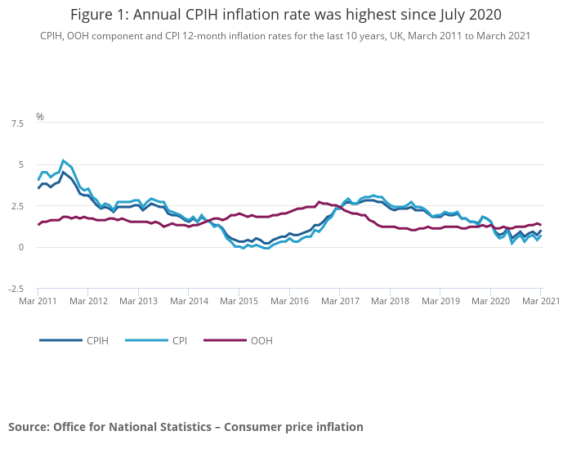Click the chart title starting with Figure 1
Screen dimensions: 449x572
click(285, 15)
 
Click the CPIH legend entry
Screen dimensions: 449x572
click(96, 340)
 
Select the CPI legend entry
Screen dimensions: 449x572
click(179, 340)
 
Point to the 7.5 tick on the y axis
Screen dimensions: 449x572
click(16, 123)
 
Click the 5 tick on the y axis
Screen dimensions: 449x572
click(21, 164)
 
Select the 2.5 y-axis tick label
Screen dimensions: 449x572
click(16, 206)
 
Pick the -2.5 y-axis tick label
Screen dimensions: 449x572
click(15, 289)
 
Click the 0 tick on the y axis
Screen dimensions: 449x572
click(21, 247)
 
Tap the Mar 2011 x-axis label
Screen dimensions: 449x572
click(38, 301)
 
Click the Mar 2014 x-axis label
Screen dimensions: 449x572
click(189, 301)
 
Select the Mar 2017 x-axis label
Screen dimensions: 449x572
click(340, 301)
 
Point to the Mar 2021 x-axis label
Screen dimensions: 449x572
click(540, 301)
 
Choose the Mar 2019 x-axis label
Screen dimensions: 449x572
click(440, 301)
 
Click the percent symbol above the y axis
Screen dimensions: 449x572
click(39, 117)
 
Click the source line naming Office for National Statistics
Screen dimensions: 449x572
click(185, 427)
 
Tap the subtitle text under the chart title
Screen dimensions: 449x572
click(285, 36)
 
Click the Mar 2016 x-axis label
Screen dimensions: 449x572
click(289, 301)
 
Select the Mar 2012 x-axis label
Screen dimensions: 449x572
click(88, 301)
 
